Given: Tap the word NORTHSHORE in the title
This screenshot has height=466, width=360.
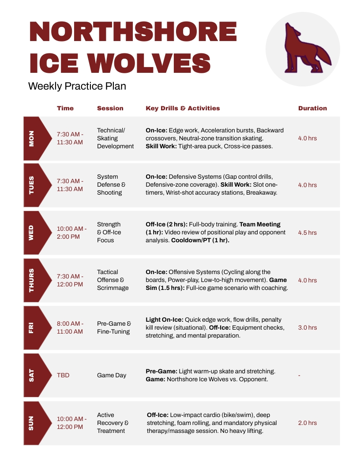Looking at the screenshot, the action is click(133, 33).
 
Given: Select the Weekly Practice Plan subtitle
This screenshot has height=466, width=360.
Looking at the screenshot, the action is click(77, 86).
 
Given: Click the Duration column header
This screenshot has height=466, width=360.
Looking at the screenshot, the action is click(312, 108).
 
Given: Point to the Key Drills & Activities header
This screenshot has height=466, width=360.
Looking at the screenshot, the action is click(183, 108).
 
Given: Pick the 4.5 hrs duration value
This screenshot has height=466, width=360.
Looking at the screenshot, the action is click(307, 233).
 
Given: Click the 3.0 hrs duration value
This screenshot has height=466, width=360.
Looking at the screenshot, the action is click(307, 327).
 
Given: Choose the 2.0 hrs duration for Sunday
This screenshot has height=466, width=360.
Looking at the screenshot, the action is click(307, 423).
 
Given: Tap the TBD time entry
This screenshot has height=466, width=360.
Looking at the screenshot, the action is click(63, 375).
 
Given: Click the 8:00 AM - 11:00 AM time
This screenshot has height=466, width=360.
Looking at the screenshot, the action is click(70, 327).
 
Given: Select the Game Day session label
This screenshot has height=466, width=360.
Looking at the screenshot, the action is click(112, 375).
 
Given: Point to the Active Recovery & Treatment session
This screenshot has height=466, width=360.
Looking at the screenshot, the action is click(113, 423).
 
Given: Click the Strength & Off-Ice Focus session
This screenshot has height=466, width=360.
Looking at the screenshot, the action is click(109, 233).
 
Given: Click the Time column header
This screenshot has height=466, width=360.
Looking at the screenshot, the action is click(65, 108).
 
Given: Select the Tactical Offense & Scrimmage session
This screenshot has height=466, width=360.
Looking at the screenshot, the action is click(113, 280).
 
